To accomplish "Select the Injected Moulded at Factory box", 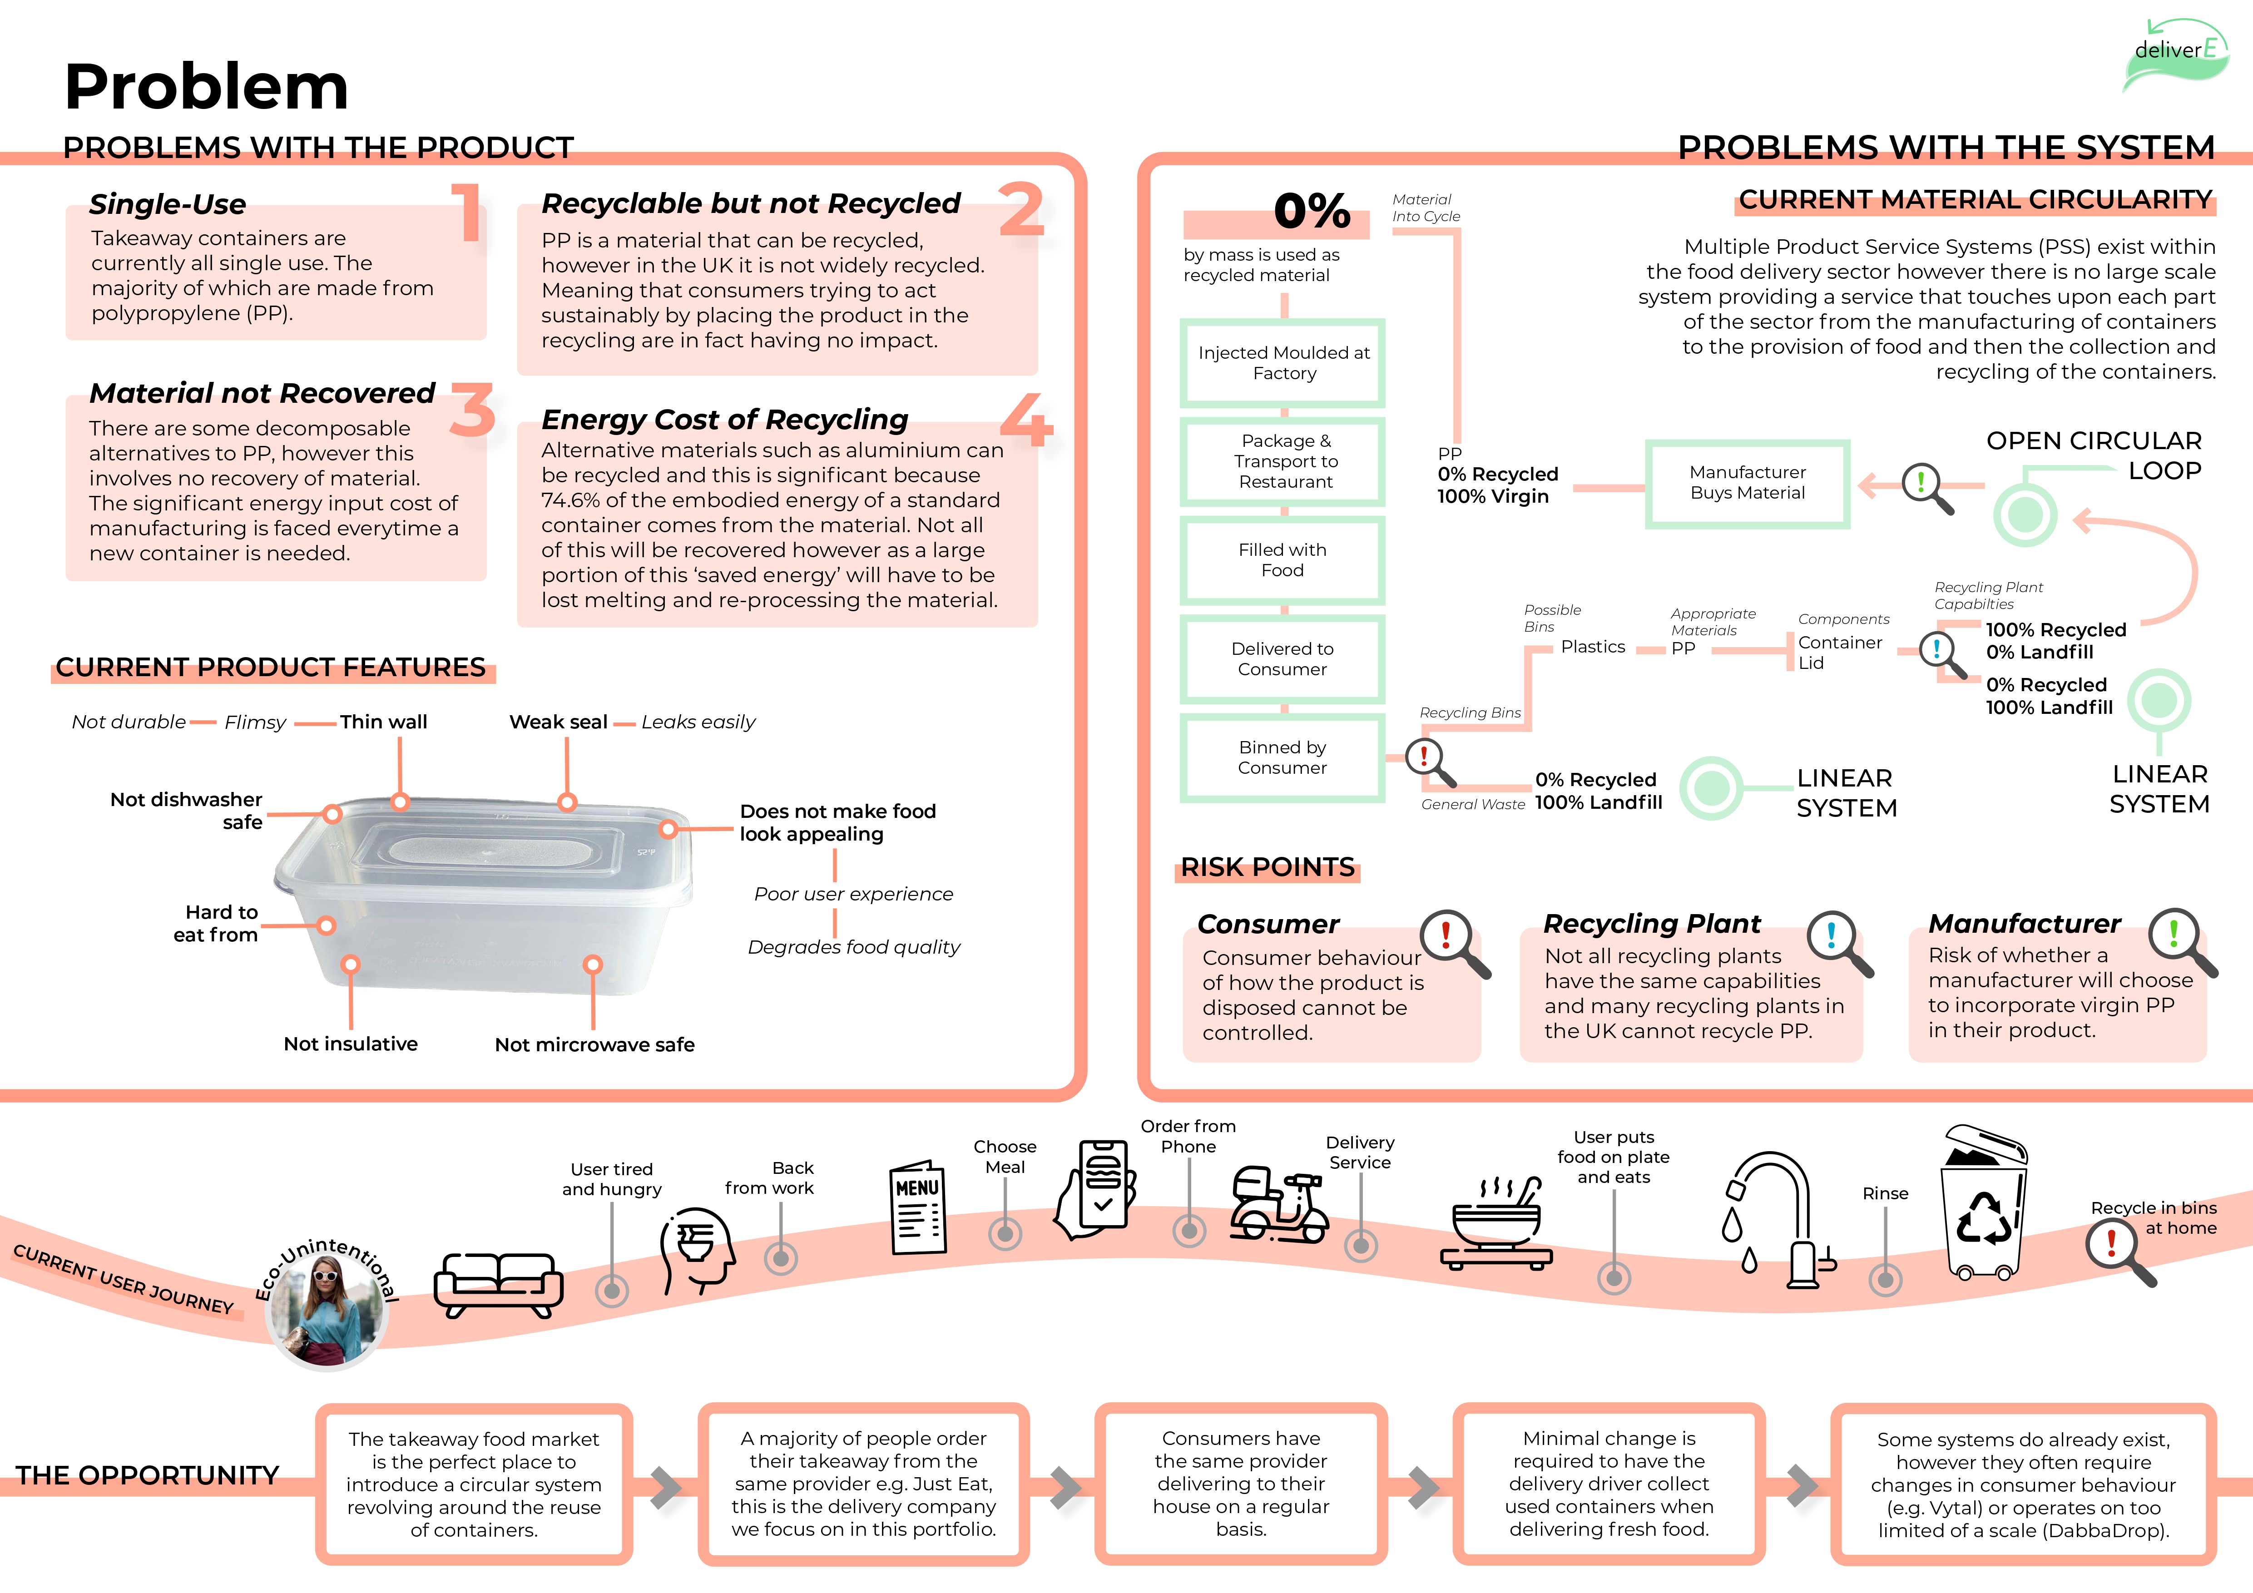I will click(1282, 363).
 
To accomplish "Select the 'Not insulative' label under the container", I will click(350, 1044).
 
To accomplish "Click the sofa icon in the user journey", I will click(499, 1284).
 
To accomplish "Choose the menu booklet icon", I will click(917, 1208).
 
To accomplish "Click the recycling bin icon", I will click(1984, 1205).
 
